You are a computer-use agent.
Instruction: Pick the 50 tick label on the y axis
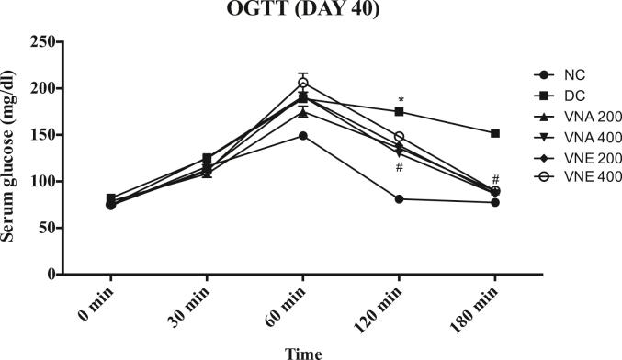40,228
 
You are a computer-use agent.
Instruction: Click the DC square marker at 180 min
495,133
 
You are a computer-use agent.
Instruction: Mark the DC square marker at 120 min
400,112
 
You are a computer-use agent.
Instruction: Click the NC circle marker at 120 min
400,198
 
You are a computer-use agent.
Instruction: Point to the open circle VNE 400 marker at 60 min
303,84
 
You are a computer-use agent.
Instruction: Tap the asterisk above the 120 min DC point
400,99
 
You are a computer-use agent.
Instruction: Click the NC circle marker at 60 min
303,136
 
